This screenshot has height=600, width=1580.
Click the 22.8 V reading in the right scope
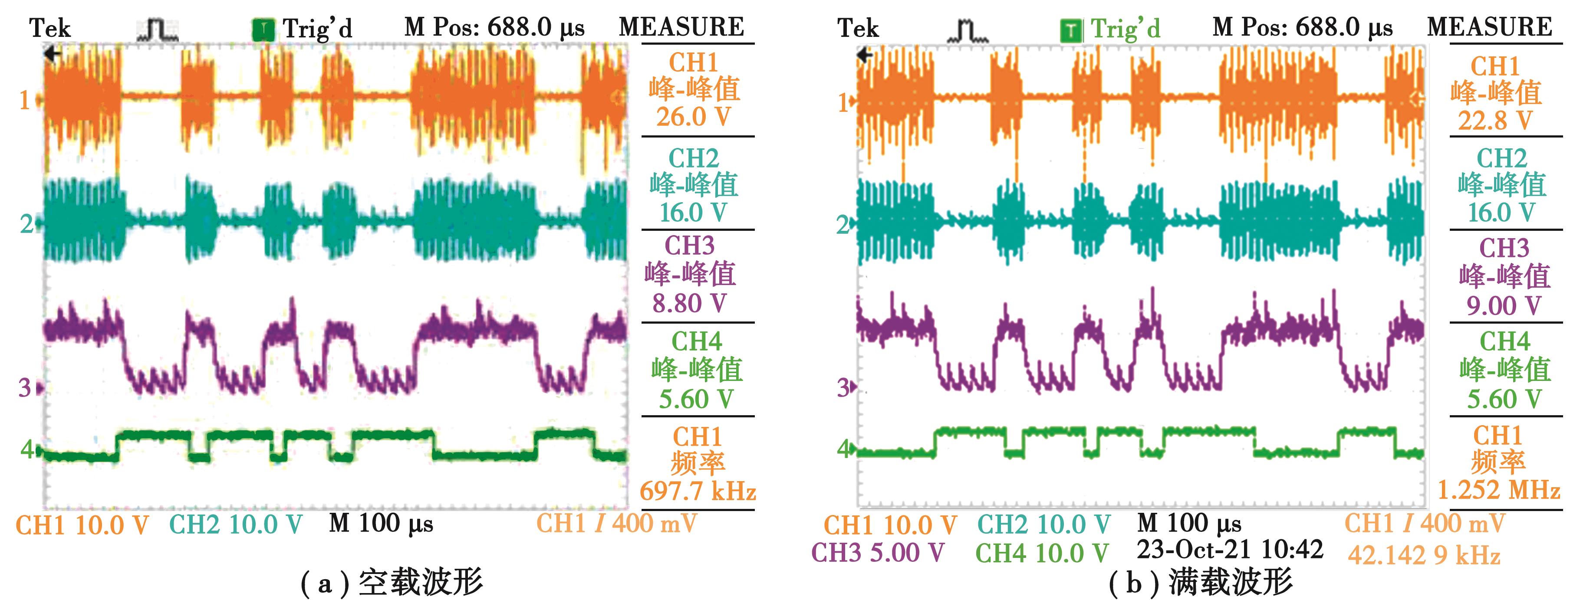click(x=1495, y=121)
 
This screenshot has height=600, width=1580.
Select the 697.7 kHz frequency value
click(x=698, y=492)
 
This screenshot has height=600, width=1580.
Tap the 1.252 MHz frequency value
click(x=1499, y=490)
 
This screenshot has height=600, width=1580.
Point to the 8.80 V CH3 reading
click(x=689, y=303)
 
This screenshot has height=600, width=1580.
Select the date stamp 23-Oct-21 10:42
click(x=1230, y=550)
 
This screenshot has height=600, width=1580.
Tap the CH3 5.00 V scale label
click(x=878, y=553)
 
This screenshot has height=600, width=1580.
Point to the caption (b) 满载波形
click(x=1200, y=582)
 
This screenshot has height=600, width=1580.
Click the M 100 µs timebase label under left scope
click(x=381, y=524)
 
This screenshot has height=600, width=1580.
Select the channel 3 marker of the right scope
click(x=845, y=387)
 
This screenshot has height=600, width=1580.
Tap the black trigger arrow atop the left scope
click(x=53, y=55)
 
